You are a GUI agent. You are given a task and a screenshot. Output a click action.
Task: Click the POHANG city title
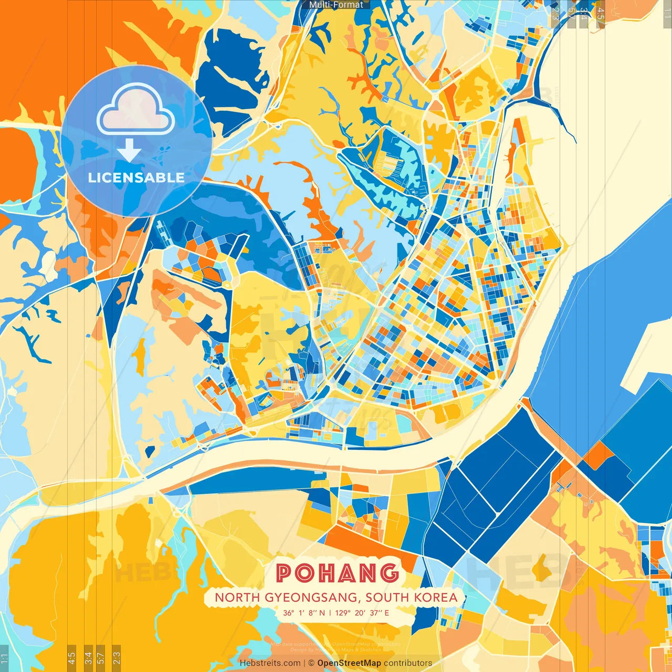click(337, 572)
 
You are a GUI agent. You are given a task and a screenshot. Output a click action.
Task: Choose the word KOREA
click(435, 597)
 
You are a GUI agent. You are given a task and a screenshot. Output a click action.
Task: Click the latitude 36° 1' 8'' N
click(303, 613)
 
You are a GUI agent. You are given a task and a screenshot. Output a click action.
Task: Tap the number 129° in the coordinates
click(343, 613)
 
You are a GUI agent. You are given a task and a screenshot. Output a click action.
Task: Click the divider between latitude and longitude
click(330, 613)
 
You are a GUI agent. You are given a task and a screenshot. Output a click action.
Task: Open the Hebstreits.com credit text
click(270, 663)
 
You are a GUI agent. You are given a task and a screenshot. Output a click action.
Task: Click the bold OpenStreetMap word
click(349, 663)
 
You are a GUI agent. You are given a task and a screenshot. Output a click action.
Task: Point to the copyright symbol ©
click(311, 663)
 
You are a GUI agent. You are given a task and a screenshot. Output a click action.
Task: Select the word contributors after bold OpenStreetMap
click(408, 663)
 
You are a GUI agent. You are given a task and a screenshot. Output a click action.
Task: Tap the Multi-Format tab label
click(336, 5)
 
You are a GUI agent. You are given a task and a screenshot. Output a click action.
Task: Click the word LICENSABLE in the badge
click(136, 177)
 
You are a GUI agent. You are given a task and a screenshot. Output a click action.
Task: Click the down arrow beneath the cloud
click(129, 151)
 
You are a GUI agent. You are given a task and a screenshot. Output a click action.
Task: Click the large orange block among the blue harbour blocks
click(597, 456)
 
